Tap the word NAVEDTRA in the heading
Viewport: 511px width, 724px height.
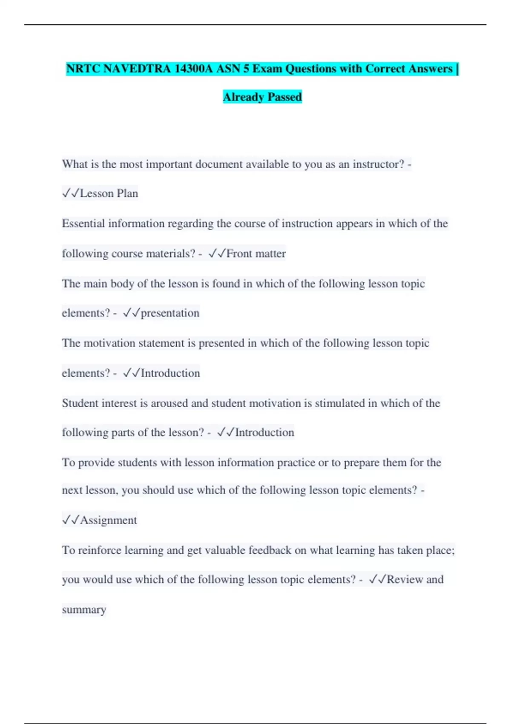click(x=136, y=69)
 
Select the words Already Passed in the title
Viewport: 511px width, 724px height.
click(x=262, y=97)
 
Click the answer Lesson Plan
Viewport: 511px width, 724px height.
click(x=109, y=193)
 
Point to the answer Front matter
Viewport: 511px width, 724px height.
click(x=256, y=253)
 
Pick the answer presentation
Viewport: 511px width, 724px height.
click(x=170, y=313)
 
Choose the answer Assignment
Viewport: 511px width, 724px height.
click(x=109, y=520)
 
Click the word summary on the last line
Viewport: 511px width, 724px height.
click(x=84, y=609)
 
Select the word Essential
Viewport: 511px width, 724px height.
click(x=83, y=224)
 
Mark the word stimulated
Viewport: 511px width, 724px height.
click(x=340, y=403)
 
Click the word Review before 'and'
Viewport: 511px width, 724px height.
click(x=405, y=580)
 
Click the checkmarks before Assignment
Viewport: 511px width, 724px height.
click(x=71, y=520)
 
